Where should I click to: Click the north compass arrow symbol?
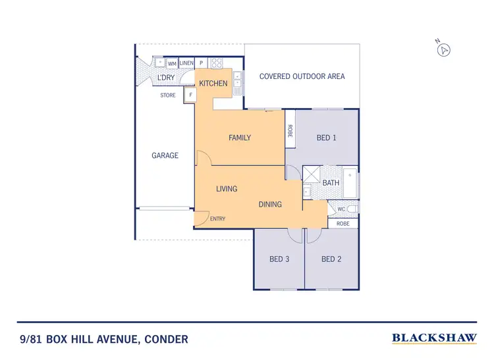(445, 49)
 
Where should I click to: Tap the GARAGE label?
(165, 156)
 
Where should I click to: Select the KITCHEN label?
(213, 84)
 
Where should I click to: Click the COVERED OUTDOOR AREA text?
(302, 76)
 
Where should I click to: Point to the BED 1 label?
(327, 138)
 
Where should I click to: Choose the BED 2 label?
(331, 259)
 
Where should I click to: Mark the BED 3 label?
(279, 259)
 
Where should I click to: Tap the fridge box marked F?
(190, 95)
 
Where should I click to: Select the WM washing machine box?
(172, 64)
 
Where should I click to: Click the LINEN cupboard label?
(187, 64)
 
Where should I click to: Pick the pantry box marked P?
(201, 64)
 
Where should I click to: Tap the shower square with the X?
(310, 175)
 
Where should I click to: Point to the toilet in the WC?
(352, 209)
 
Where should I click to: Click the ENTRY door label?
(217, 219)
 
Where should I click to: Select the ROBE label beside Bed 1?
(289, 132)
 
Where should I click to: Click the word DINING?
(270, 205)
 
